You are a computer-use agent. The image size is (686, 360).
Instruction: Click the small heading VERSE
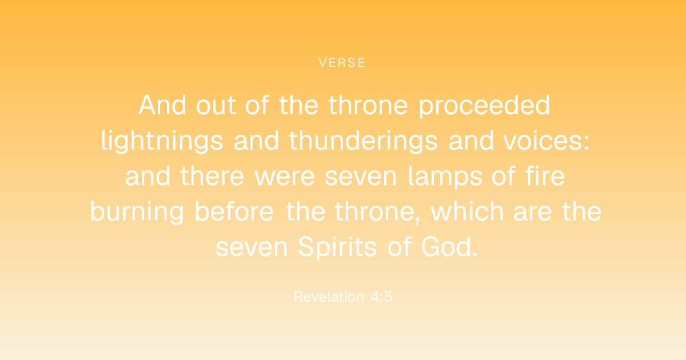[342, 63]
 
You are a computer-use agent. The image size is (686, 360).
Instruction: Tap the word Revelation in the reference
[329, 297]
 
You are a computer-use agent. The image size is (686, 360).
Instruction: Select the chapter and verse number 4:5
[381, 297]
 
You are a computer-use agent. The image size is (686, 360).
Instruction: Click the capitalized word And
[162, 105]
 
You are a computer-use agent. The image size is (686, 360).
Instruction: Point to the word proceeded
[485, 106]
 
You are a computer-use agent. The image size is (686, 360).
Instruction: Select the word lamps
[445, 177]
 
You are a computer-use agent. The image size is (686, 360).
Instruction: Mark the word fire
[545, 176]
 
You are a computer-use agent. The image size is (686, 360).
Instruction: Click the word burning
[137, 212]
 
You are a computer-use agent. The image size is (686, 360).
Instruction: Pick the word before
[234, 211]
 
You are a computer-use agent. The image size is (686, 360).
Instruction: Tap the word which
[467, 211]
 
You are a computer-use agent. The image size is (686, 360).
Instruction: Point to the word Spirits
[337, 247]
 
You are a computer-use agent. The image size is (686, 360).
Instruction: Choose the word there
[212, 176]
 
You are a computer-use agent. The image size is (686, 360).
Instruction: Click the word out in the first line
[216, 106]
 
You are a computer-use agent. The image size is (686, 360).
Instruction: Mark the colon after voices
[586, 143]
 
